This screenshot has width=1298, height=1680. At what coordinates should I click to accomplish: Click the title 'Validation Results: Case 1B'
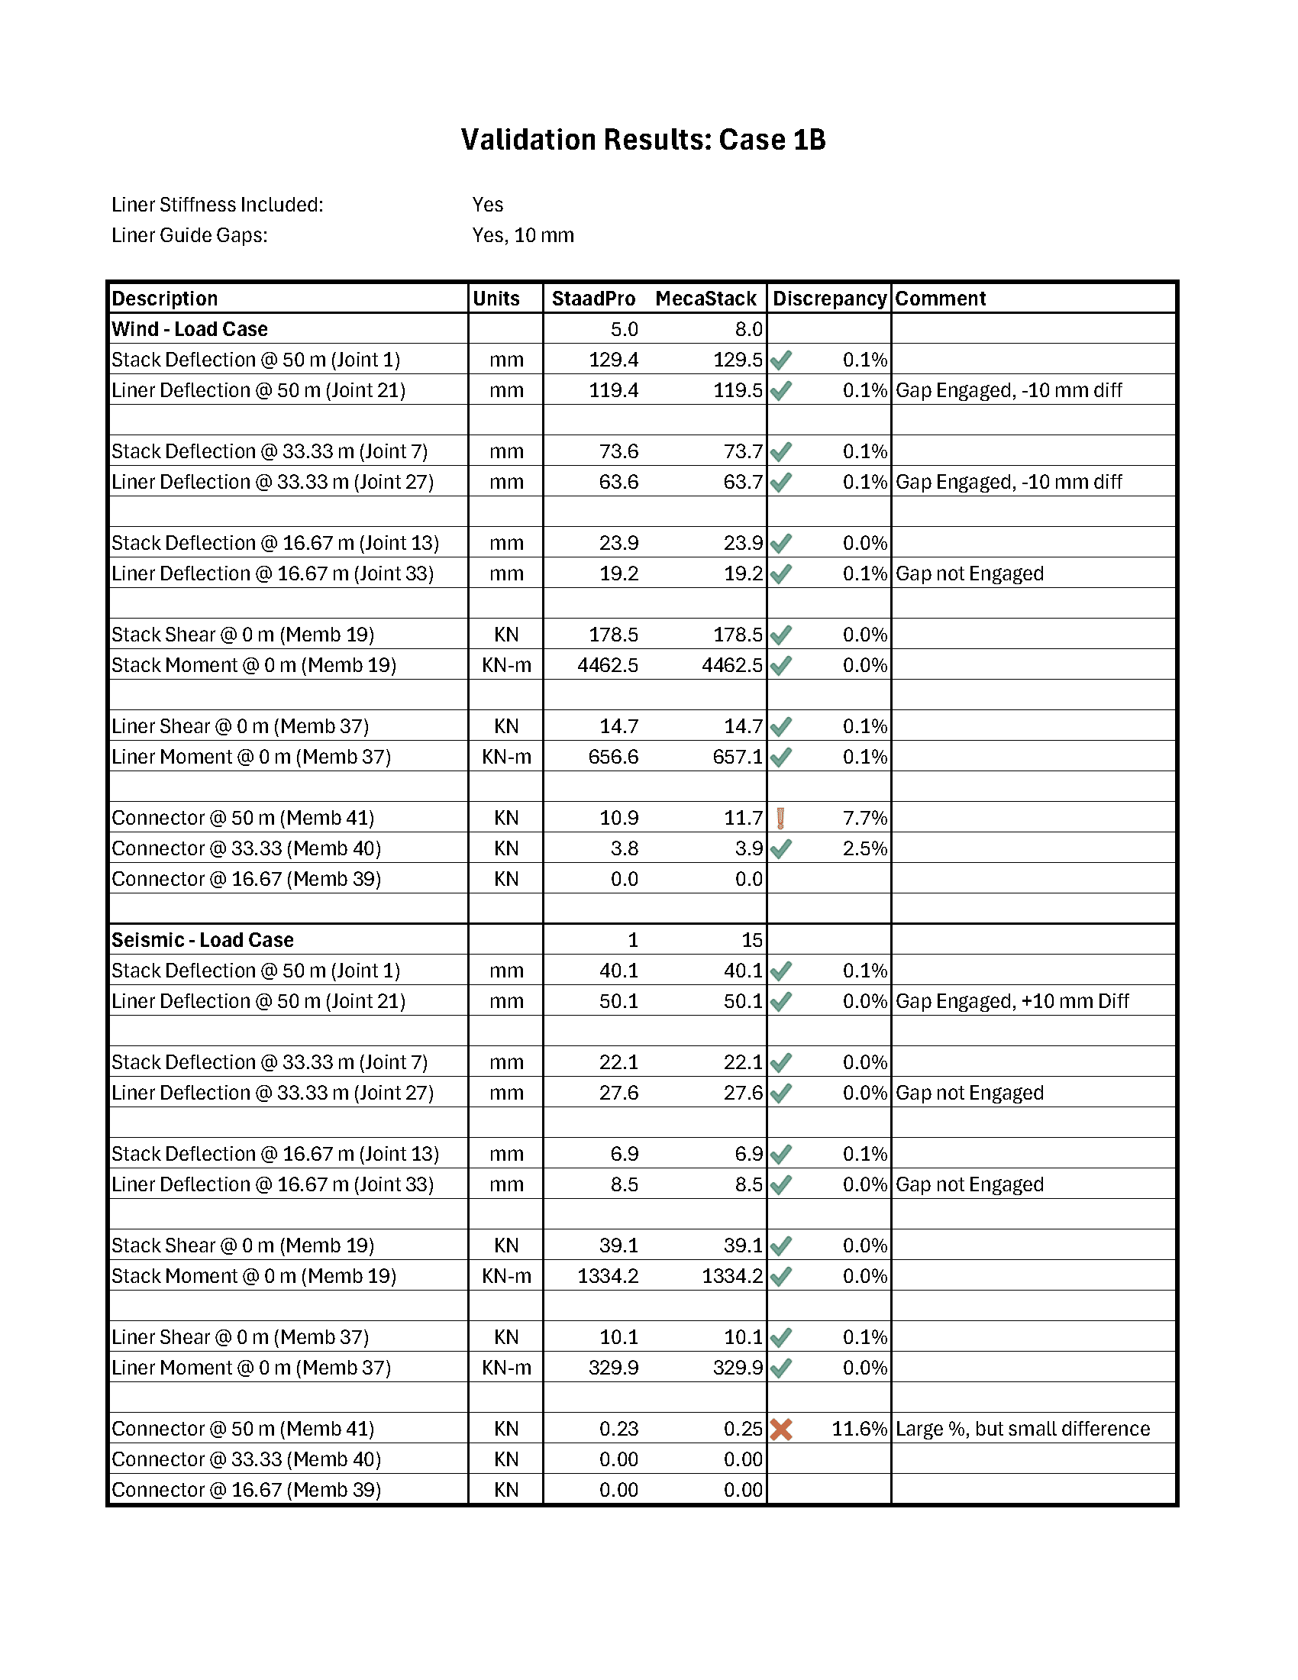[643, 140]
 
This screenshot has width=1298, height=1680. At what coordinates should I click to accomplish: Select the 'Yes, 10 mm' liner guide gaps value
[523, 235]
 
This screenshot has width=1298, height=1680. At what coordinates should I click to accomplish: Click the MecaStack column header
[706, 299]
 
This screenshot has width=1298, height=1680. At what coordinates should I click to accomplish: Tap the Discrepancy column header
[829, 299]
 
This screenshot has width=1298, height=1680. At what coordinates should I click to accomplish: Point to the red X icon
[781, 1430]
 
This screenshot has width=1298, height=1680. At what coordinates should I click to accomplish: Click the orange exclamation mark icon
[780, 818]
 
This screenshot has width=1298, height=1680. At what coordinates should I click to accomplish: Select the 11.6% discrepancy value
[859, 1430]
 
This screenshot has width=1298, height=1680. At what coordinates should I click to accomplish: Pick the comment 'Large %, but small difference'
[1022, 1430]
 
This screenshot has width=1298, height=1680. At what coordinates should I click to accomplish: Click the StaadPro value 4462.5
[608, 665]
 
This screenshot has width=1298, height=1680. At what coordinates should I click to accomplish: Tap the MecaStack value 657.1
[738, 757]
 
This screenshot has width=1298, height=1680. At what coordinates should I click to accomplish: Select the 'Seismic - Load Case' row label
[202, 940]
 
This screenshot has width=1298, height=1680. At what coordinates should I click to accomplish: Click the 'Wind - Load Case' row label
[189, 329]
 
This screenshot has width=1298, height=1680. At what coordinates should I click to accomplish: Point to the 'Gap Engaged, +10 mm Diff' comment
[1012, 1002]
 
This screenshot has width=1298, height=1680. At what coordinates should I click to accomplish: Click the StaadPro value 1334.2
[608, 1276]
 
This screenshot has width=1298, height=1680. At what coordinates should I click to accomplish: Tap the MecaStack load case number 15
[751, 940]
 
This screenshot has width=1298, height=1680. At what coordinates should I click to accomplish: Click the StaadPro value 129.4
[613, 360]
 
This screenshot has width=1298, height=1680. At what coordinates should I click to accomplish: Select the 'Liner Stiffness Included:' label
[218, 205]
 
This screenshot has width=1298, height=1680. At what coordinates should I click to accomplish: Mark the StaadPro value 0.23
[618, 1430]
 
